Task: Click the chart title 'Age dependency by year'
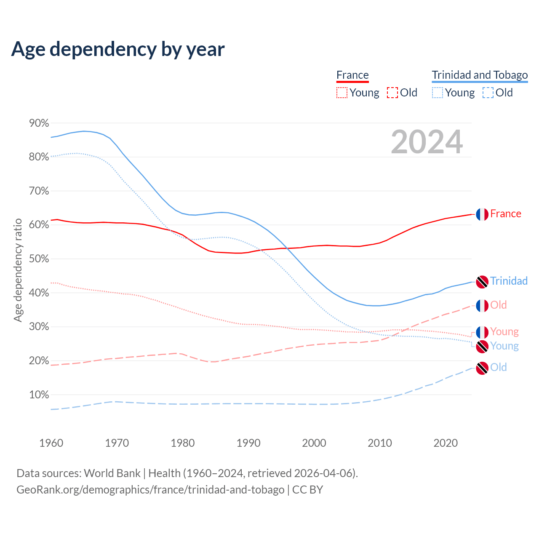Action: point(118,49)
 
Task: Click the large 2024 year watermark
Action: point(427,142)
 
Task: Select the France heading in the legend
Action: point(352,75)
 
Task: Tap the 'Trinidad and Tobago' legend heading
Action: point(480,75)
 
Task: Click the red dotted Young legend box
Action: point(342,93)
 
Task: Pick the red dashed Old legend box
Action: point(392,93)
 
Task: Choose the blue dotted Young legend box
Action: point(438,93)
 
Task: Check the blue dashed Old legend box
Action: point(488,93)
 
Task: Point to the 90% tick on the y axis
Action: point(39,123)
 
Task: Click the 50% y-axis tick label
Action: point(39,259)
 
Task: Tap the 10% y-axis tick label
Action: point(39,395)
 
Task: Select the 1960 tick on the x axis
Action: point(51,443)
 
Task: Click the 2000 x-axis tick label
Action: point(314,443)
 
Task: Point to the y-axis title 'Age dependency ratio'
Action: point(18,270)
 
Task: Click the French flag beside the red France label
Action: point(482,214)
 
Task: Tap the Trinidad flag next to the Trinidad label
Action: point(482,282)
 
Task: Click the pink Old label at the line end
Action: point(499,305)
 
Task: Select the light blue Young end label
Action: point(504,346)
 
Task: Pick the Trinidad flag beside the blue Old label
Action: point(482,368)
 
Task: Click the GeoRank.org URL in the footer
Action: point(150,490)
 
